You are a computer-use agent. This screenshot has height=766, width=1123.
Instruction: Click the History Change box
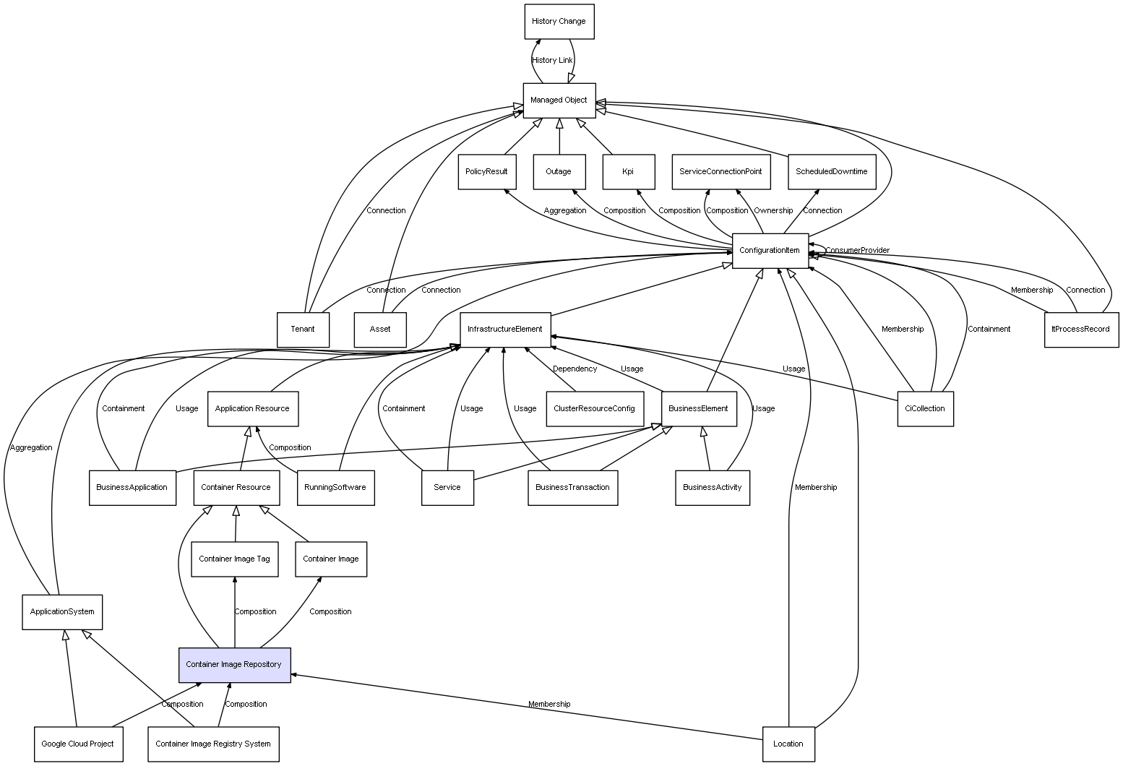(559, 22)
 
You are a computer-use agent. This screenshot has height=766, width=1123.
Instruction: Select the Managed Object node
(559, 100)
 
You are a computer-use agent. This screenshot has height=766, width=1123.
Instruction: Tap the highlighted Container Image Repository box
(234, 665)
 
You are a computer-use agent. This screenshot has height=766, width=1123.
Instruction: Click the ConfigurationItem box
(770, 251)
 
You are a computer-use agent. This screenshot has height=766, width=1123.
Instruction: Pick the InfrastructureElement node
(505, 330)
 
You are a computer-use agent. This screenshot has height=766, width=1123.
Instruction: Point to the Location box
(788, 744)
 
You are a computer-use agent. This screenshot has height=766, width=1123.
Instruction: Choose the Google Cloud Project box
(77, 744)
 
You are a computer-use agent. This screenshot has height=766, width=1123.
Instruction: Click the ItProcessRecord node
(1081, 330)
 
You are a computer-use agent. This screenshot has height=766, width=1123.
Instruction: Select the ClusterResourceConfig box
(594, 408)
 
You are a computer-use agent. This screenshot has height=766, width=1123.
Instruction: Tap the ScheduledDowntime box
(831, 172)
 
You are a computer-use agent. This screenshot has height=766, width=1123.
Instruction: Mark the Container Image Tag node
(234, 559)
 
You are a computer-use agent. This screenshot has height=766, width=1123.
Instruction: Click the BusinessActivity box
(712, 487)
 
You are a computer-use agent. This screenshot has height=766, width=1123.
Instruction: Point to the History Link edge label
(552, 61)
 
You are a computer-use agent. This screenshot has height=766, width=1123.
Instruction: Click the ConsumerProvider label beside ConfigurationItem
(857, 251)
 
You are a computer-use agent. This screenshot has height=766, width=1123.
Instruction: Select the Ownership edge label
(773, 211)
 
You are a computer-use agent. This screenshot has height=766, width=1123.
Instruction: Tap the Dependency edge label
(575, 369)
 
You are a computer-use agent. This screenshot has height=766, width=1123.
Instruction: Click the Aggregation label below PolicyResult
(565, 211)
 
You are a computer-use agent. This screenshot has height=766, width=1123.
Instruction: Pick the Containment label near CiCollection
(989, 330)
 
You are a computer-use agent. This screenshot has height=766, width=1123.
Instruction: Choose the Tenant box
(303, 330)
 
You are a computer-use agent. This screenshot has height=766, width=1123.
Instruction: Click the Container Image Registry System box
(213, 744)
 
